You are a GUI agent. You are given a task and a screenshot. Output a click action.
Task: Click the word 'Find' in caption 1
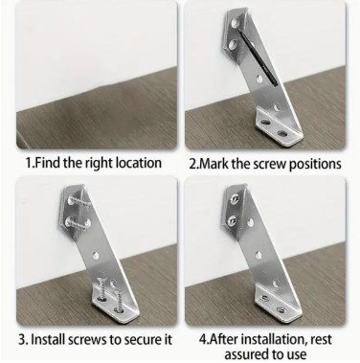coord(48,163)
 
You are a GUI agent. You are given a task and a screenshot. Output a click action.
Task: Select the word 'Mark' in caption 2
coord(214,164)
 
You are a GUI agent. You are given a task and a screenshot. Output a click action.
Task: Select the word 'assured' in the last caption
coord(245,354)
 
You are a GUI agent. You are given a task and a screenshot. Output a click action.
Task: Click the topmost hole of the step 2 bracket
coord(236,23)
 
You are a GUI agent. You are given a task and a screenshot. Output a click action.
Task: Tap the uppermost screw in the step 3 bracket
coord(78,202)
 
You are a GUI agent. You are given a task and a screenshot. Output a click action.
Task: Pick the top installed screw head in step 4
coord(235,199)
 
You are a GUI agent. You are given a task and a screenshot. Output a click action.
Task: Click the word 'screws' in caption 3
coord(89,339)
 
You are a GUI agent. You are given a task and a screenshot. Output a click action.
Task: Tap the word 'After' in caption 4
coord(223,339)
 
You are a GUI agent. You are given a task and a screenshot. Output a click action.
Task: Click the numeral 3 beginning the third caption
coord(22,339)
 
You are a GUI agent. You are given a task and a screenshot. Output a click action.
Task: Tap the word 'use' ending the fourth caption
coord(297,354)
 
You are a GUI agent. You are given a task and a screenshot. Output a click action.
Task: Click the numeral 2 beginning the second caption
coord(192,164)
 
